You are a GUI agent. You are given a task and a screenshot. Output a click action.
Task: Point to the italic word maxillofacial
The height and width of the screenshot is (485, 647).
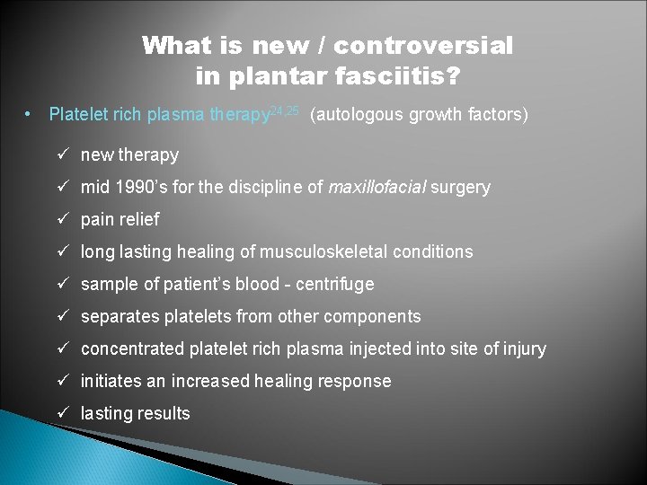pyautogui.click(x=377, y=187)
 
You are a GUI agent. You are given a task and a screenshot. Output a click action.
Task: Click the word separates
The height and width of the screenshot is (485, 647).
pyautogui.click(x=117, y=316)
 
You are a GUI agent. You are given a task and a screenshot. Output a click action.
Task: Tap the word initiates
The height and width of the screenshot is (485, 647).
pyautogui.click(x=111, y=381)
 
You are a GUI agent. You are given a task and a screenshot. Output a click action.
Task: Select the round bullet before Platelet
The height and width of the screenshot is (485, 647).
pyautogui.click(x=30, y=115)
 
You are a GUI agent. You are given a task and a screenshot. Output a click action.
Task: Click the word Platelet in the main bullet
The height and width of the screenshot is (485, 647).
pyautogui.click(x=77, y=115)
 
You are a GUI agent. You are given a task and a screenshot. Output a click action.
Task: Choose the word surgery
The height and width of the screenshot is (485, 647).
pyautogui.click(x=461, y=187)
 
